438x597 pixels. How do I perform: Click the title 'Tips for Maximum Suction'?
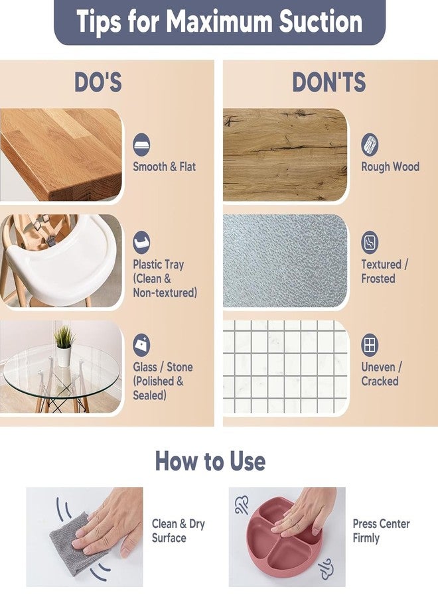point(220,21)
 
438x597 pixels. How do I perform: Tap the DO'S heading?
point(98,82)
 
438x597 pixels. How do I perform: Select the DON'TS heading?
point(329,82)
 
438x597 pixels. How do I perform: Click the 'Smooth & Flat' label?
point(164,166)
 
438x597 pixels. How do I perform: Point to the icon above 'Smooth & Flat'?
point(141,145)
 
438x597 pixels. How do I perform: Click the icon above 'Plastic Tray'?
point(141,243)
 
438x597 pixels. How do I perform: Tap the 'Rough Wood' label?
point(390,166)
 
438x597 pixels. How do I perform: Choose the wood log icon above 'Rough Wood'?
point(370,145)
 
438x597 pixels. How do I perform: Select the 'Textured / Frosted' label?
point(384,271)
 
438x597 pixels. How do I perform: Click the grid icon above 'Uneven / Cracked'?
point(370,345)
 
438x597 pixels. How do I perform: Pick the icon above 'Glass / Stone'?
point(141,345)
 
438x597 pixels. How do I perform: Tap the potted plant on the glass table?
point(63,346)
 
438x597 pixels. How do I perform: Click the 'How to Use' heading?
point(210,461)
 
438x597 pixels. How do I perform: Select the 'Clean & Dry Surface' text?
point(179,531)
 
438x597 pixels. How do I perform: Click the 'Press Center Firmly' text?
point(381,531)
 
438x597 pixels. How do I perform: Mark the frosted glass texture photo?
point(285,261)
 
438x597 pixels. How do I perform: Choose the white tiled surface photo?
point(285,367)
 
